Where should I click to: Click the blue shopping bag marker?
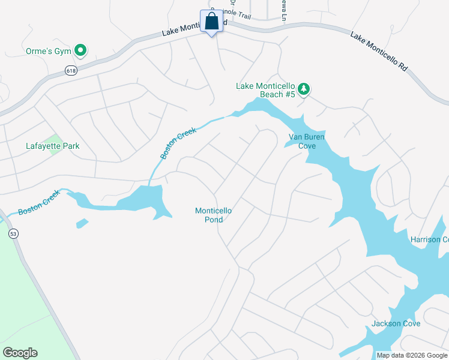point(211,22)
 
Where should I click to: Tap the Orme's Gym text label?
point(49,50)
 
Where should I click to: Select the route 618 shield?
point(71,70)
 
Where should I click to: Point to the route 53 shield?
point(14,233)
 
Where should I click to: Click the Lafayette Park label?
point(53,146)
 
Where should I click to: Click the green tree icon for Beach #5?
point(304,89)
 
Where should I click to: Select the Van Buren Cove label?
point(306,141)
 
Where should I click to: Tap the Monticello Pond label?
point(213,215)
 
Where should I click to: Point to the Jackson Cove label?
point(396,323)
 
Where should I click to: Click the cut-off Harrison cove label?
point(429,239)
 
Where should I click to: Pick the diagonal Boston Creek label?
point(178,143)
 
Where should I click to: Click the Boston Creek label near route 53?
point(39,203)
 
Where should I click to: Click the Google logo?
point(20,353)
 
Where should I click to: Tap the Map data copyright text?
point(412,355)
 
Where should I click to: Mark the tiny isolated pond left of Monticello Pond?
point(82,223)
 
